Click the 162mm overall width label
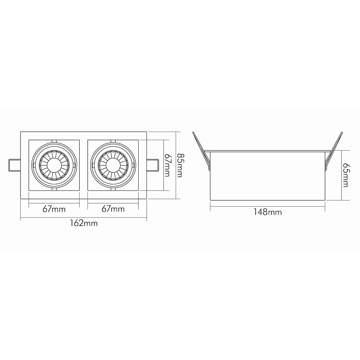[84, 223]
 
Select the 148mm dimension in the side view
[267, 212]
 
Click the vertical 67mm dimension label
[167, 165]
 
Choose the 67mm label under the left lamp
[54, 209]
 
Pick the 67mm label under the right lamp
[113, 209]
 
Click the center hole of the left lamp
[54, 165]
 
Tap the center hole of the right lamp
[113, 165]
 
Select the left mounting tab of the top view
[14, 165]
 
